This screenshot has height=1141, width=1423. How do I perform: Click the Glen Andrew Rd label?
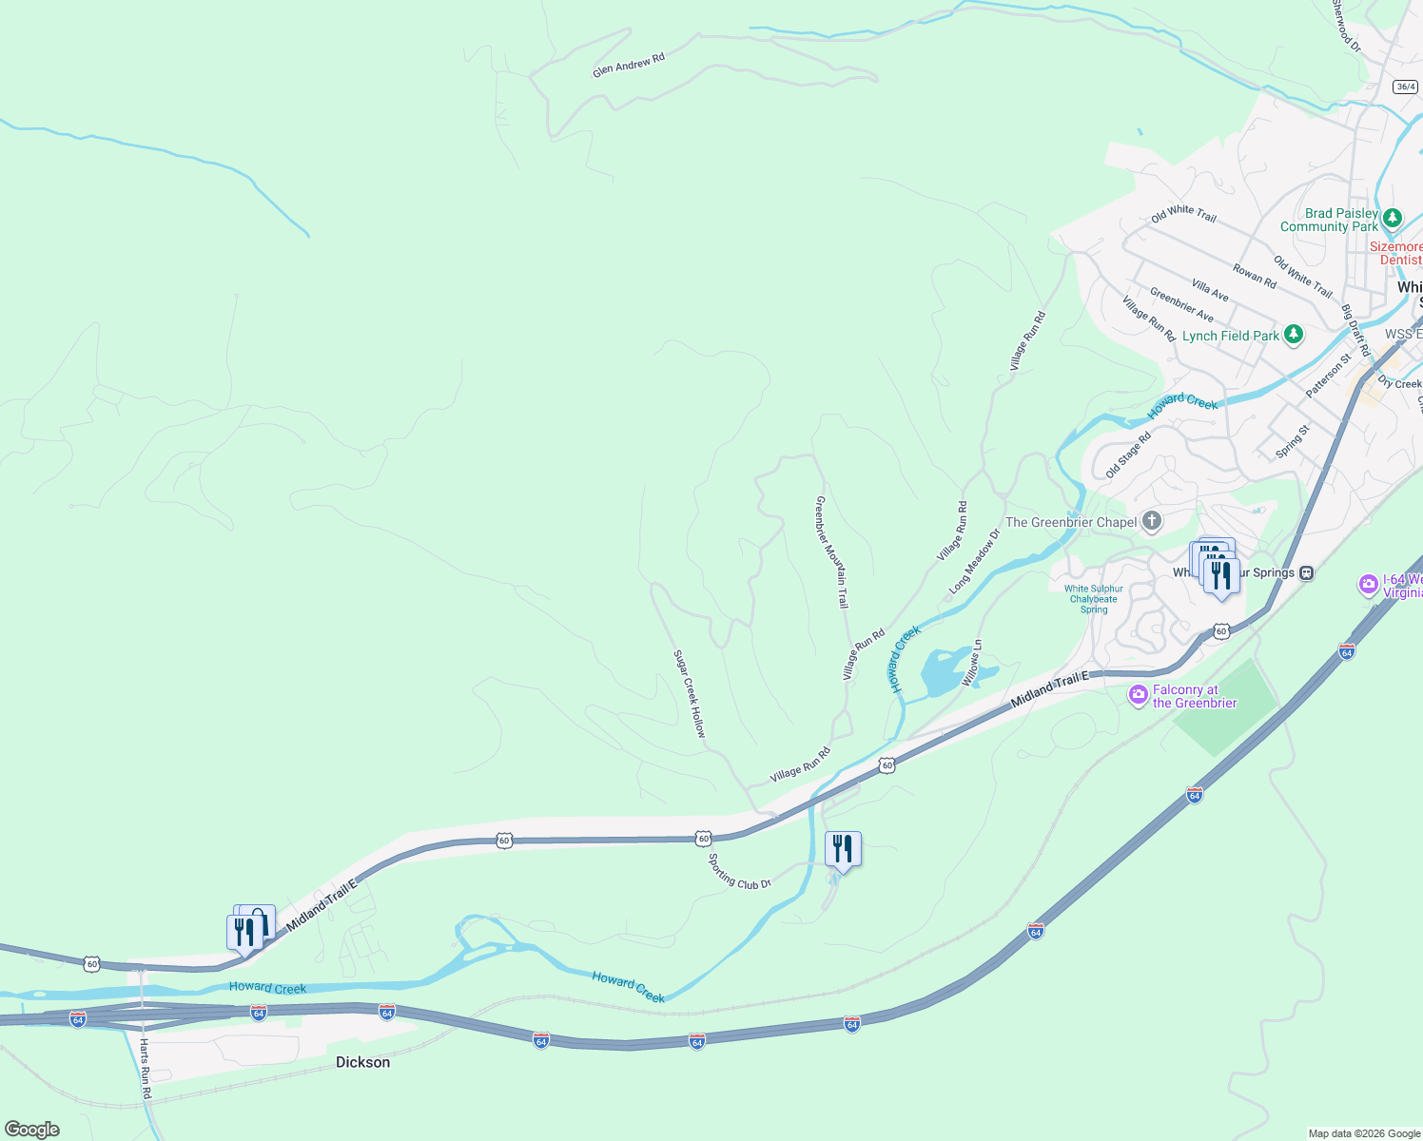[628, 65]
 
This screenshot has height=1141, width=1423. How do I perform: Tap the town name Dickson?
[362, 1062]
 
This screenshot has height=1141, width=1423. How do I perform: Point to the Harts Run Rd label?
[146, 1069]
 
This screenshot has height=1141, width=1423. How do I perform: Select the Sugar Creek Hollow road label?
[690, 693]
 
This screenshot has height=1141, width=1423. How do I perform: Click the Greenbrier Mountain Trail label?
[831, 551]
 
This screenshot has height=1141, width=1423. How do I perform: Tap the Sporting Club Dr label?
[739, 871]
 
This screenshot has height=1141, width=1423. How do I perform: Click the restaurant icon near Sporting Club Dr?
[843, 848]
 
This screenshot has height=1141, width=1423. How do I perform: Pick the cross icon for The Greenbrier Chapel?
[1152, 521]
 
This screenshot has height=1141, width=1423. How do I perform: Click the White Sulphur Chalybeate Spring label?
[1094, 599]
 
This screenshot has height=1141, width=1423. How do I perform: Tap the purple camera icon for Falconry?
[1138, 696]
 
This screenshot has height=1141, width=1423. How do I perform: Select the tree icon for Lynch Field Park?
[1293, 335]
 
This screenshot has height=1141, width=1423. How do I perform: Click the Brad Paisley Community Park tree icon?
[1393, 219]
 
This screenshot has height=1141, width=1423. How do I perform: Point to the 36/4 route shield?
[1406, 87]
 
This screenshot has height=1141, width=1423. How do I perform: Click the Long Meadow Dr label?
[975, 562]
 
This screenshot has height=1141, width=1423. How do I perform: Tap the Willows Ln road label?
[972, 663]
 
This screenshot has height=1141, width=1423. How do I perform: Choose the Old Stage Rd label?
[1128, 454]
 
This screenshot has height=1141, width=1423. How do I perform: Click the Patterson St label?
[1328, 376]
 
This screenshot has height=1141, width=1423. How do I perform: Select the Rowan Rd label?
[1255, 276]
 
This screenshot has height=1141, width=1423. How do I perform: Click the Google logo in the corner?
[32, 1130]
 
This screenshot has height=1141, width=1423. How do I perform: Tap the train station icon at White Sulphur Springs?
[1308, 572]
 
